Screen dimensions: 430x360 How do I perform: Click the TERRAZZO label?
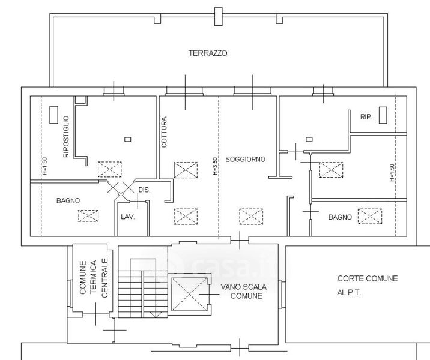[x=208, y=53]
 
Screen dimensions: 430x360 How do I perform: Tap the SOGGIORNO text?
[x=246, y=159]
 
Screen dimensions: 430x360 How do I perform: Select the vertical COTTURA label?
[x=164, y=132]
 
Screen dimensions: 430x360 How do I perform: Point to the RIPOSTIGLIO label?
[x=66, y=137]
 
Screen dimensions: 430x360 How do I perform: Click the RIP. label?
[x=366, y=117]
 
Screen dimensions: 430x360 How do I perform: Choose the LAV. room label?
[x=128, y=217]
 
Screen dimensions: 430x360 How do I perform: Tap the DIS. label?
[x=144, y=190]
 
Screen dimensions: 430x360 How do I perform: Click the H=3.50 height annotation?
[x=215, y=166]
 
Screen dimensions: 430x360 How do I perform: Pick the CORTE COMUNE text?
[x=368, y=278]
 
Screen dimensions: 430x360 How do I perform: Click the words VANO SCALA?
[x=243, y=287]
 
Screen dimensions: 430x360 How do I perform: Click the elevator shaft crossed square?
[x=189, y=294]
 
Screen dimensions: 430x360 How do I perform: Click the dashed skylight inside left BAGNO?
[x=88, y=215]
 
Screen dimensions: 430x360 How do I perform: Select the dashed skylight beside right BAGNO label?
[x=370, y=217]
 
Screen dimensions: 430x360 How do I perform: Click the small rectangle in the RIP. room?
[x=383, y=115]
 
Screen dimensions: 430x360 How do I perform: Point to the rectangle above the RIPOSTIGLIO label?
[x=54, y=115]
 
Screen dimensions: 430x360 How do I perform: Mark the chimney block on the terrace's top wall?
[x=218, y=16]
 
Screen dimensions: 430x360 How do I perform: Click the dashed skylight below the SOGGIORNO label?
[x=251, y=217]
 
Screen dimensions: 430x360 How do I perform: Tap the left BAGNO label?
[x=68, y=200]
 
